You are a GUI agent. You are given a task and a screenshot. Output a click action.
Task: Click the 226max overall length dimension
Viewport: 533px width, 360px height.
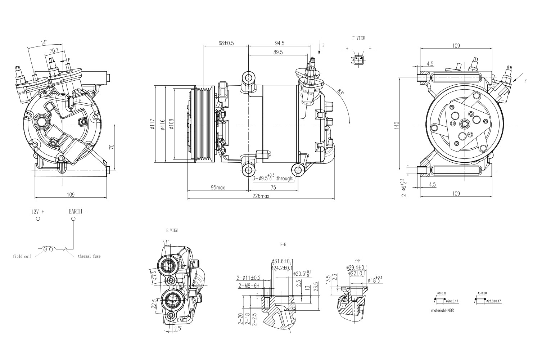[261, 196]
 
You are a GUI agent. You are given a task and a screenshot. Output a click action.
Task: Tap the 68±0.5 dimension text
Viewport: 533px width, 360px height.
[226, 43]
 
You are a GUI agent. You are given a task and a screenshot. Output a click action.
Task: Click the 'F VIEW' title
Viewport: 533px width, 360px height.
[358, 38]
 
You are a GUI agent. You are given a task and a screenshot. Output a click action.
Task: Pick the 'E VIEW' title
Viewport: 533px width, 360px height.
[172, 230]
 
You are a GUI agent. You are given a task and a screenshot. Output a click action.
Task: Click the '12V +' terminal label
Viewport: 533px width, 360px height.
[37, 212]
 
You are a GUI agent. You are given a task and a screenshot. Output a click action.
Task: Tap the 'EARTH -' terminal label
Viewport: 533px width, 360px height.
[78, 211]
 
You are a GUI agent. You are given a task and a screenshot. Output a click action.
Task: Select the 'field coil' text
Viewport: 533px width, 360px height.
[22, 257]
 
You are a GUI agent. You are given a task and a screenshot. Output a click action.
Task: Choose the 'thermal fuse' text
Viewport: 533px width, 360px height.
[89, 256]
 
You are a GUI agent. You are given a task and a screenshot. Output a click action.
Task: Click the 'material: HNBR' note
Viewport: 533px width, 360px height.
[442, 310]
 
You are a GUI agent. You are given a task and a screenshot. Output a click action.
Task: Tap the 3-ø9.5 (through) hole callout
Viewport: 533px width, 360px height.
[273, 178]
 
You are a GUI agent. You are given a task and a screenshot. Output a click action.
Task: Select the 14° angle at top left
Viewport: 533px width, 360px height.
[44, 42]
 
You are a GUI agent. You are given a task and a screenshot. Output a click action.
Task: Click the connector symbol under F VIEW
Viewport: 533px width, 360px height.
[358, 59]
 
